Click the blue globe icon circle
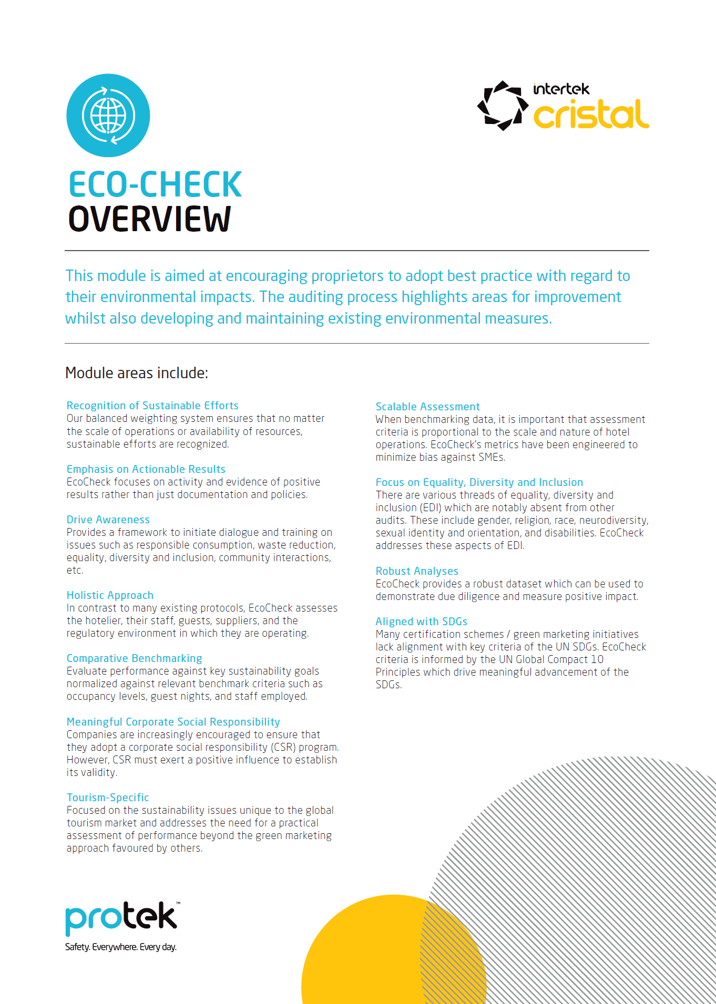click(x=108, y=116)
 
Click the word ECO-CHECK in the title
click(x=155, y=185)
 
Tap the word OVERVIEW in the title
click(x=150, y=220)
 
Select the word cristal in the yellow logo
click(x=591, y=115)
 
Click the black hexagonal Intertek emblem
click(x=503, y=106)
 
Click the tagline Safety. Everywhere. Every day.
click(x=121, y=947)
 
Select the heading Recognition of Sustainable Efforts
click(x=152, y=406)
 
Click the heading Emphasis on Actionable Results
click(x=146, y=469)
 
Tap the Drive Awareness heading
click(x=108, y=520)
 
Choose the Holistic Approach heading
click(x=110, y=595)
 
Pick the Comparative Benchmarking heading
click(x=134, y=658)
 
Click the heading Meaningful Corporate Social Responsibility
click(x=173, y=722)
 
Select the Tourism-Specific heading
click(x=108, y=798)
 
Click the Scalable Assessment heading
click(x=427, y=407)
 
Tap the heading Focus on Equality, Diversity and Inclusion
click(x=479, y=482)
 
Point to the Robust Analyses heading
click(x=417, y=571)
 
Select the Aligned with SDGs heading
click(x=421, y=622)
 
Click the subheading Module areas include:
click(x=137, y=373)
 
